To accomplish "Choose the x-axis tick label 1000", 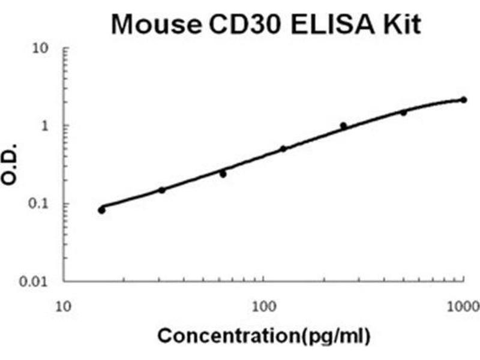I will click(x=463, y=307).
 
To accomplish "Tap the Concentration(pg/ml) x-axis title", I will click(x=264, y=335).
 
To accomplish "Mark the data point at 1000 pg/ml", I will click(x=463, y=100).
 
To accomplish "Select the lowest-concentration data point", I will click(x=101, y=210).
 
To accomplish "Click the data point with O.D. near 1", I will click(x=343, y=125).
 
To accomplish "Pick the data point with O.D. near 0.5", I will click(x=283, y=149).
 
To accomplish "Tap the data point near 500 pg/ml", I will click(x=403, y=112).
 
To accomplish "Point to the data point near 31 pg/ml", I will click(x=161, y=190).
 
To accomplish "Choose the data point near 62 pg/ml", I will click(x=223, y=174).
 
